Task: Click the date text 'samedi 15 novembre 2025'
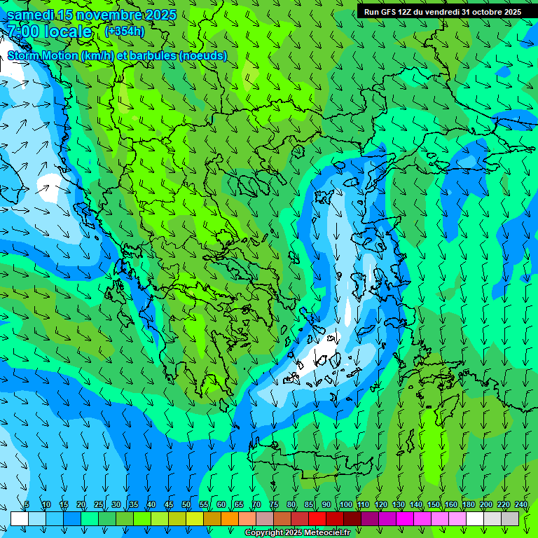coord(91,15)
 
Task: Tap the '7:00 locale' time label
coord(50,32)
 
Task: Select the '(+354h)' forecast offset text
coord(124,32)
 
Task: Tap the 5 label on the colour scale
coord(27,505)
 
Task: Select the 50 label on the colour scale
coord(186,505)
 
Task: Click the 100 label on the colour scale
coord(345,505)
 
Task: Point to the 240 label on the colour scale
coord(520,505)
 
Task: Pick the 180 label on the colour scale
coord(468,505)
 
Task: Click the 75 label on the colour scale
coord(274,505)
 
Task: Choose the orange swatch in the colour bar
coord(230,518)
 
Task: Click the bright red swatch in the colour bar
coord(317,518)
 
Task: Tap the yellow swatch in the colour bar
coord(195,518)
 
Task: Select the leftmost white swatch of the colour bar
coord(20,518)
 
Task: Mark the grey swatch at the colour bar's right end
coord(510,518)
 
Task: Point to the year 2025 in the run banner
coord(511,12)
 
